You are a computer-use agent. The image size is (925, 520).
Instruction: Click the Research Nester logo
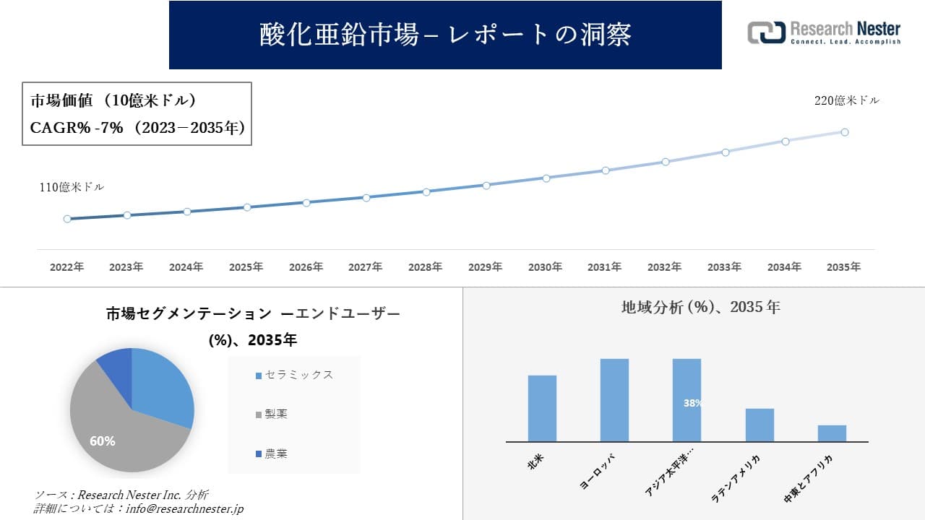[824, 32]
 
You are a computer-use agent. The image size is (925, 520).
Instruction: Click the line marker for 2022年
[67, 219]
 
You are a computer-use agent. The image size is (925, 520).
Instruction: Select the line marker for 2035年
[844, 132]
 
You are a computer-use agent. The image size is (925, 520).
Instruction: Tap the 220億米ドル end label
[847, 101]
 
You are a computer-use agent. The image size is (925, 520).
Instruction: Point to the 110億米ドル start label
[72, 187]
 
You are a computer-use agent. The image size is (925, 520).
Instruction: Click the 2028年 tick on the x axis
[425, 267]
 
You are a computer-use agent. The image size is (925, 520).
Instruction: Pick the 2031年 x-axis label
[604, 267]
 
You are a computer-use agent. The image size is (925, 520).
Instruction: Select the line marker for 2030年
[546, 178]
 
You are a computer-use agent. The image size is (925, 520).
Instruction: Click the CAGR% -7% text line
[137, 128]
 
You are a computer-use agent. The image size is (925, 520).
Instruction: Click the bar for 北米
[542, 408]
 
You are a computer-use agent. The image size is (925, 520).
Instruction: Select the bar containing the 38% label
[687, 400]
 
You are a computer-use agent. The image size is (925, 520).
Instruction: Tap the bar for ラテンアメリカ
[760, 425]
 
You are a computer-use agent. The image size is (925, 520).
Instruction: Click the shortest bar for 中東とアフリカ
[832, 433]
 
